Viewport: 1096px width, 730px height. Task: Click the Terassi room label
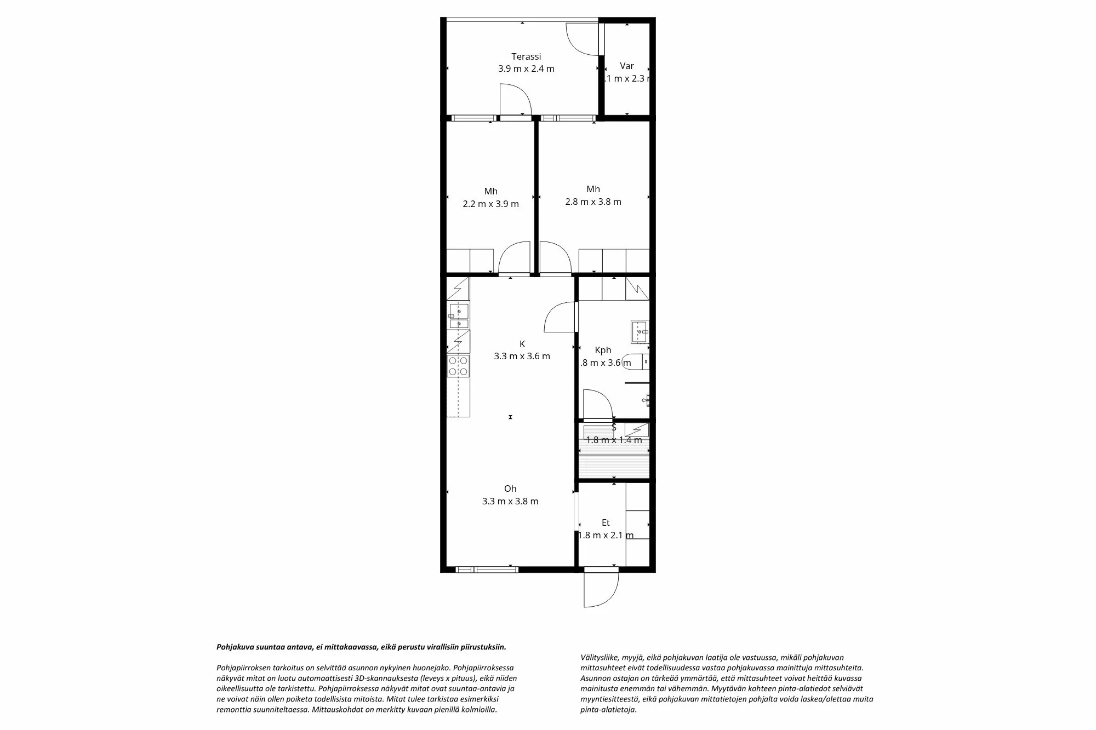pos(526,56)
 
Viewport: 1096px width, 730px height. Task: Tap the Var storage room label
pos(626,66)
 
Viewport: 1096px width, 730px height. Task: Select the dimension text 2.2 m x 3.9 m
pos(490,204)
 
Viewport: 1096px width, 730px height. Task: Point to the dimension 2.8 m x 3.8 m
pos(593,202)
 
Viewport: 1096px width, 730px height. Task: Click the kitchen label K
pos(522,344)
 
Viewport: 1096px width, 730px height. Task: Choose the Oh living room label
pos(510,488)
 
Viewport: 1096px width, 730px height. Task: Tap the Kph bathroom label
pos(603,350)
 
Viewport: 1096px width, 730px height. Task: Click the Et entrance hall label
pos(606,523)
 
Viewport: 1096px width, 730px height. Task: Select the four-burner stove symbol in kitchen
pos(458,366)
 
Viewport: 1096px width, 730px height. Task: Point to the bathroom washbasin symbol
pos(640,331)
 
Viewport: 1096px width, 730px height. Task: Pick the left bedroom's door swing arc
pos(515,258)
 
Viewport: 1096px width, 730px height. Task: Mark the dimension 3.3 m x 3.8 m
pos(510,501)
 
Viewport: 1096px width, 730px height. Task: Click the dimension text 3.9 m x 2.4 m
pos(526,69)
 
